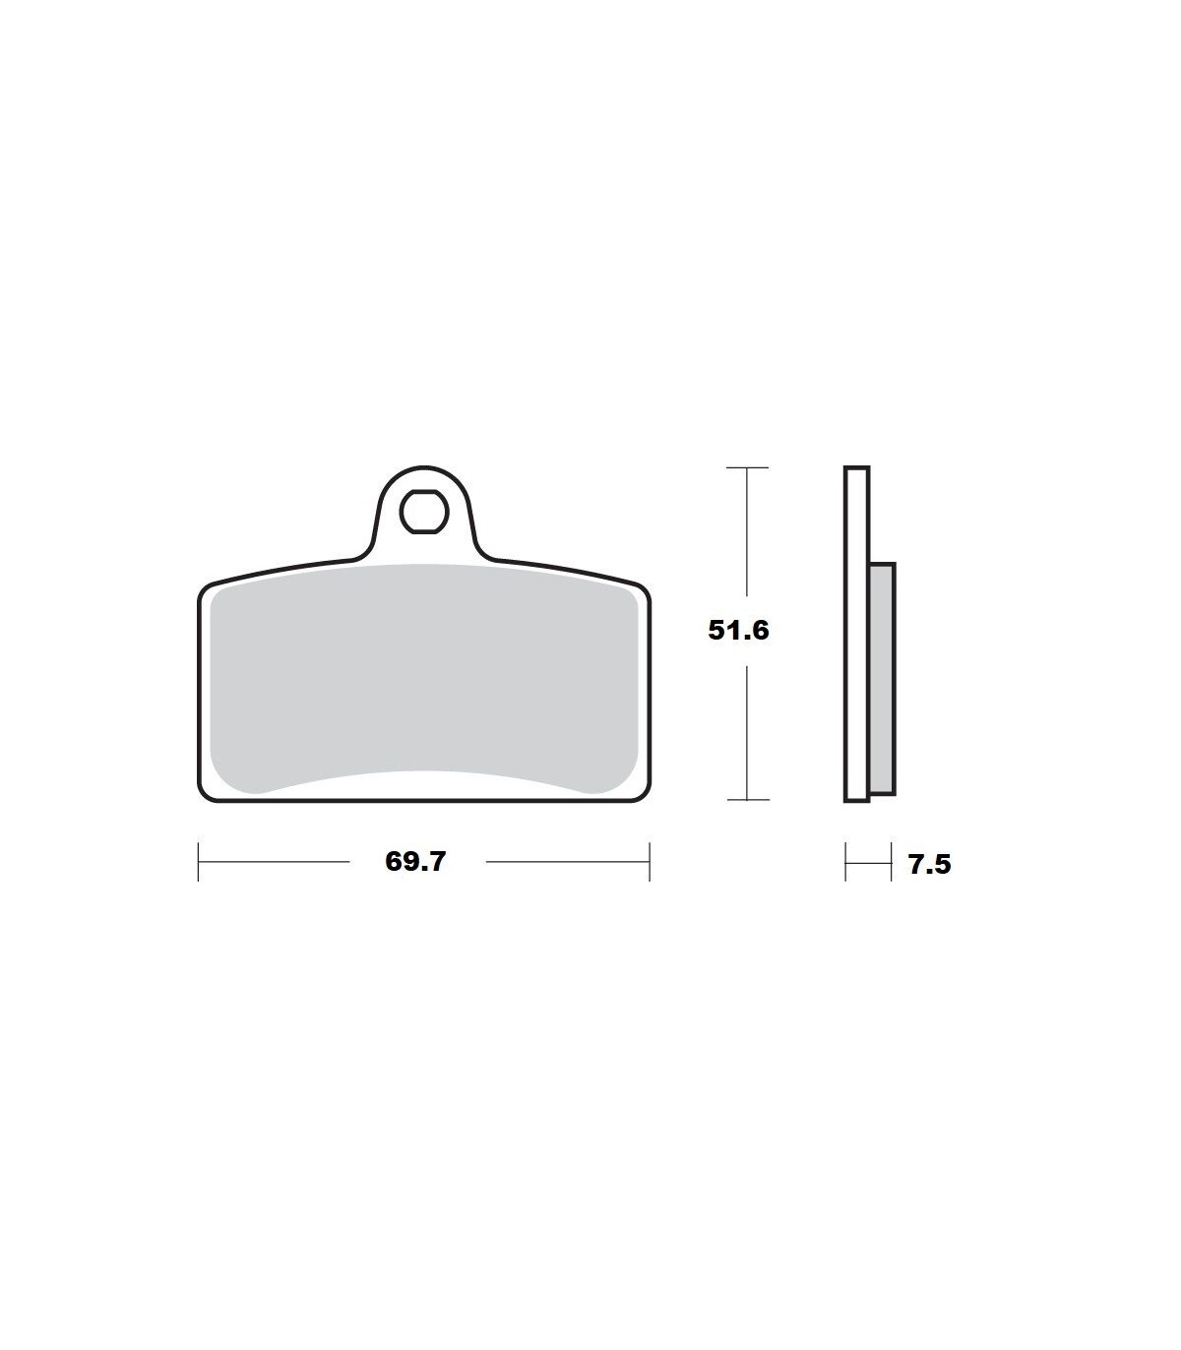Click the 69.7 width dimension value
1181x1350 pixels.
click(415, 861)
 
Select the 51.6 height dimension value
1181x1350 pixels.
click(738, 630)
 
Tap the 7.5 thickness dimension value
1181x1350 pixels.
click(930, 864)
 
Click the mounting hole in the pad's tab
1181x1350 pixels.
click(423, 512)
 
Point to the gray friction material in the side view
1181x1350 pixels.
click(882, 678)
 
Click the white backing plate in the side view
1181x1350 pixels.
click(857, 634)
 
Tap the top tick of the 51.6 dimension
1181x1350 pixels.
click(748, 467)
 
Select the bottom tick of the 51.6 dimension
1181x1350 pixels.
click(748, 800)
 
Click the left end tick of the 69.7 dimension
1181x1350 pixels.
click(198, 861)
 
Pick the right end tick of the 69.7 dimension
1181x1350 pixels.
click(650, 861)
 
